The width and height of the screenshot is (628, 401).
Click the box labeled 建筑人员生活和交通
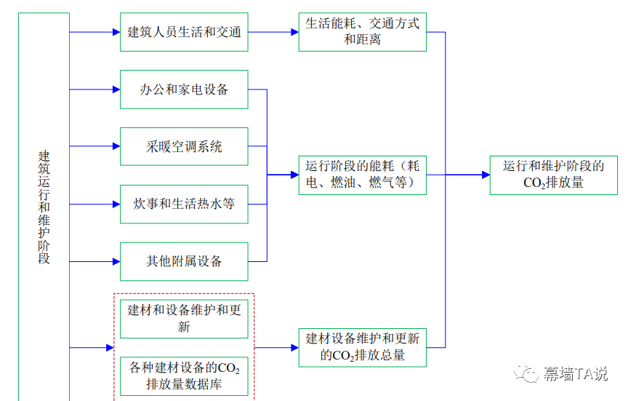(x=184, y=32)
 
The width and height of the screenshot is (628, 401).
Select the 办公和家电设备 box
(x=184, y=90)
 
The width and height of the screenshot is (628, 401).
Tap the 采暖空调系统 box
(x=184, y=147)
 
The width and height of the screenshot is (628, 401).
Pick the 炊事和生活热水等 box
(x=184, y=204)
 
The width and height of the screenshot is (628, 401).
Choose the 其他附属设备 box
(x=184, y=261)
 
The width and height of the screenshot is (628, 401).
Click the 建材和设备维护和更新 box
(x=184, y=319)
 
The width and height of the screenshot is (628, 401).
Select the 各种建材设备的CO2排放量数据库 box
(x=184, y=376)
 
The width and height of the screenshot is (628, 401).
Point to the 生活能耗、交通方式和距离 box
(x=362, y=32)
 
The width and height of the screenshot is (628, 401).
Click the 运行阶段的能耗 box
(x=362, y=175)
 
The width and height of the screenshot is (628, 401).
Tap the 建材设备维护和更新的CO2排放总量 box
(x=362, y=347)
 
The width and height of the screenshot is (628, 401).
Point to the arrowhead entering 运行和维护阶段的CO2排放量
(x=485, y=175)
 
